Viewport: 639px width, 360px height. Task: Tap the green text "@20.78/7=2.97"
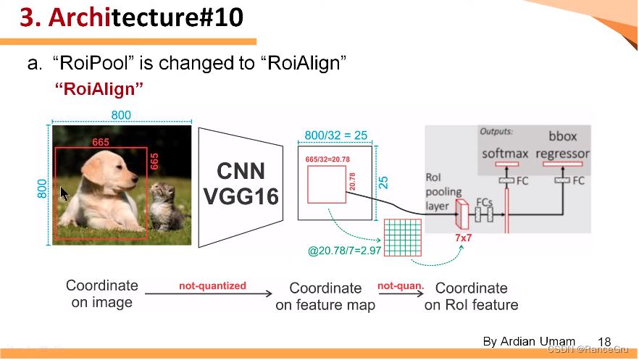point(344,250)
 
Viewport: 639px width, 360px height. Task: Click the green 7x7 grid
point(402,236)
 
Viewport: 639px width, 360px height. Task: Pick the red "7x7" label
point(464,238)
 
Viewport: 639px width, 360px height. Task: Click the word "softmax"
point(505,154)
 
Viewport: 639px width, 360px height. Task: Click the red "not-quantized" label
point(212,286)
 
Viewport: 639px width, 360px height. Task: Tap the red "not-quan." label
point(400,286)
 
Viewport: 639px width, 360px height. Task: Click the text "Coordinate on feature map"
point(325,297)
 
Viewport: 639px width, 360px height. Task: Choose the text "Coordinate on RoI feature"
point(471,297)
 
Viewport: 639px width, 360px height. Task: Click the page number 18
point(604,342)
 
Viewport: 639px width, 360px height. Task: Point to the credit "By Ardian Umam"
point(529,341)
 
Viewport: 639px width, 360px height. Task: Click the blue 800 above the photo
point(121,115)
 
